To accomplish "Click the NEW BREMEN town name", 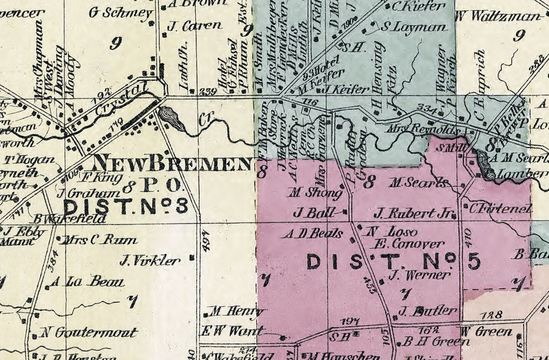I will pos(172,163).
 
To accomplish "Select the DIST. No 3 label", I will pos(125,207).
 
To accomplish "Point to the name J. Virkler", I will pos(150,261).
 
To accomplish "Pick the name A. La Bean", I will pos(87,282).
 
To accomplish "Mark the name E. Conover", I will pos(407,244).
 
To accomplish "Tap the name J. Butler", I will pos(427,311).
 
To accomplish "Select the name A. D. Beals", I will pos(312,234).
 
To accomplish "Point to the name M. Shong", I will pos(316,193).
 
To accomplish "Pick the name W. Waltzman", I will pos(498,16).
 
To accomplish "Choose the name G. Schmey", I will pos(120,13).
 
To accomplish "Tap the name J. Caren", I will pos(194,26).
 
